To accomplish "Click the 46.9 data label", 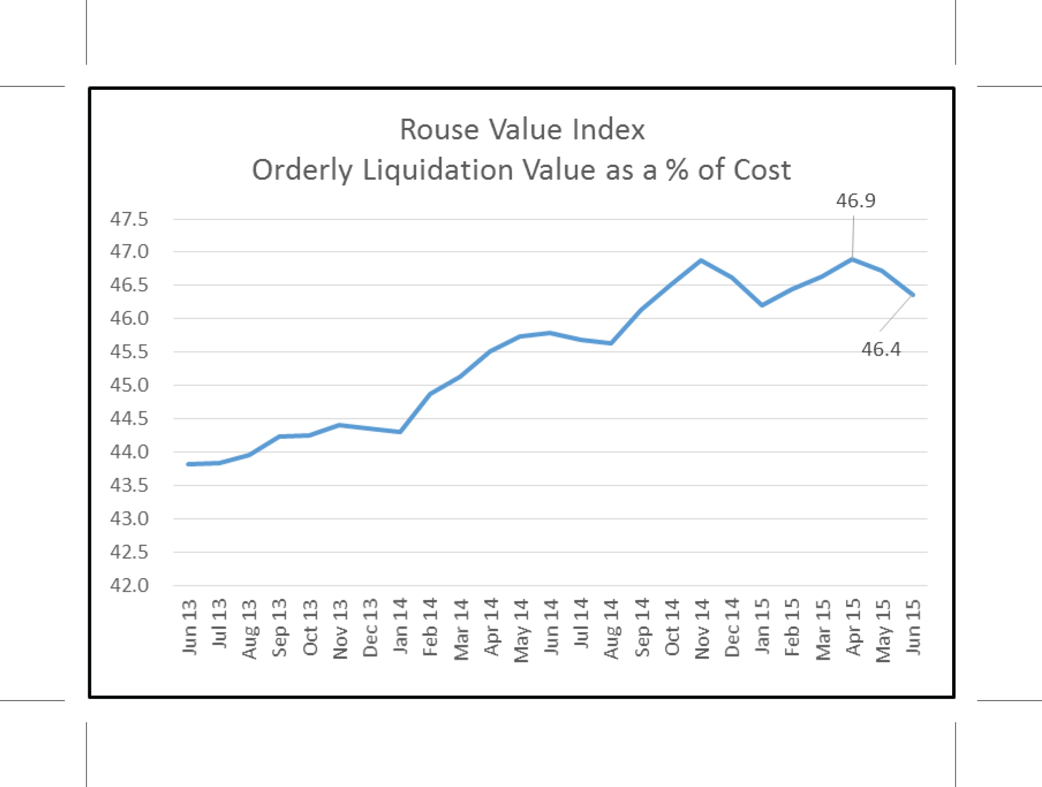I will tap(855, 200).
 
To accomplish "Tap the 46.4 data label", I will tap(881, 349).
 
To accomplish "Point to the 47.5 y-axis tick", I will tap(129, 219).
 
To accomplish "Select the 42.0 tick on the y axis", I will tap(129, 585).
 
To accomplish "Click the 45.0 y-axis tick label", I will tap(129, 385).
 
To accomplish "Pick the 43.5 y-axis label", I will tap(129, 485).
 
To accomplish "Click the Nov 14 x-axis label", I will tap(702, 629).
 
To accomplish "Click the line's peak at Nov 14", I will tap(701, 260).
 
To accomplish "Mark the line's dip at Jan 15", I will tap(762, 305).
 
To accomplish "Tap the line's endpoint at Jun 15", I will tap(912, 295).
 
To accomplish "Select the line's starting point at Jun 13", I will tap(189, 464).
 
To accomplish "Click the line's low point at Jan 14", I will tap(400, 432).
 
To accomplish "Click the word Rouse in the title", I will tap(439, 129).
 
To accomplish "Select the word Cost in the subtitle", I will tap(762, 170).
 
